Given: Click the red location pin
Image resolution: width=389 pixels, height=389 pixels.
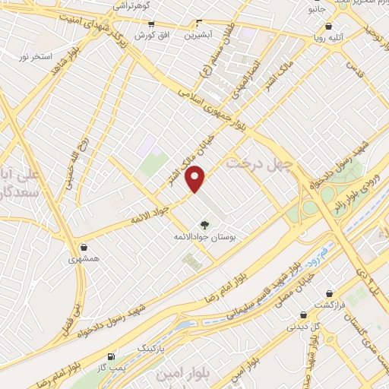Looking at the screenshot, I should coord(196,179).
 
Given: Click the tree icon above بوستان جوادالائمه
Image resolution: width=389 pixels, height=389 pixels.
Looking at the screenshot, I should coord(204,225).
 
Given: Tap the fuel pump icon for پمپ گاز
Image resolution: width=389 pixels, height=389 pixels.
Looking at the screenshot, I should coord(111,356).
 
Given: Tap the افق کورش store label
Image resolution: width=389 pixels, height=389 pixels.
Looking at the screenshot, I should coord(144,36).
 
